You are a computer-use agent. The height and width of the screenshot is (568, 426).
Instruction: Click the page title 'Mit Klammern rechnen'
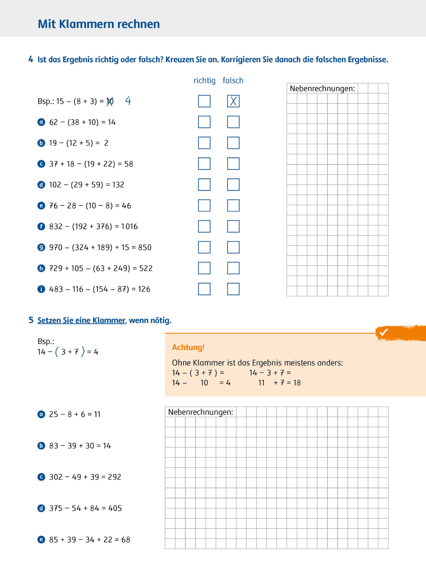(x=99, y=24)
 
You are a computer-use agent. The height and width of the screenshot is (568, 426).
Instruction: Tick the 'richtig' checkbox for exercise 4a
(x=204, y=122)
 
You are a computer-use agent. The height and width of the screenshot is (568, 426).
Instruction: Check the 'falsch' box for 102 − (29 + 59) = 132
(x=233, y=185)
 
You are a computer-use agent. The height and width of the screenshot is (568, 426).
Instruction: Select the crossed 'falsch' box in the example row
(x=233, y=101)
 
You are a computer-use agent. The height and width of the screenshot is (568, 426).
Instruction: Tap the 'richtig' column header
(x=204, y=81)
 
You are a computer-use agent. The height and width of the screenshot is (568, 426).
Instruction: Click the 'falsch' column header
(x=233, y=81)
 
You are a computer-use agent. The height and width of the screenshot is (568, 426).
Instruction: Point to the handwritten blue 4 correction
(x=128, y=101)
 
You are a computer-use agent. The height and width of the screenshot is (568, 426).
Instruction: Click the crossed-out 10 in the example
(x=110, y=102)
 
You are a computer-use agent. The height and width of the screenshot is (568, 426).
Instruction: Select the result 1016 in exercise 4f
(x=129, y=226)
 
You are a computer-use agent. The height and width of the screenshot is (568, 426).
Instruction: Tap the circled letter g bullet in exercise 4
(x=41, y=247)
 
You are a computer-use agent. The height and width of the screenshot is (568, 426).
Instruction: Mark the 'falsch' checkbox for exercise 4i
(x=233, y=289)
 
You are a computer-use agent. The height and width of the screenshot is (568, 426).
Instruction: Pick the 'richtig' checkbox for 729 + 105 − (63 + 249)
(x=204, y=268)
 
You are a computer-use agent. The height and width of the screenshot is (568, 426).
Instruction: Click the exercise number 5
(x=31, y=320)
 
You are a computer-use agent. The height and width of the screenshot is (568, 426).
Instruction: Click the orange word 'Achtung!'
(x=188, y=347)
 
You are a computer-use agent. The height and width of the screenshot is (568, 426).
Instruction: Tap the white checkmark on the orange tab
(x=383, y=332)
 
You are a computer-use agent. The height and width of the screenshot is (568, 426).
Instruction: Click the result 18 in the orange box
(x=297, y=383)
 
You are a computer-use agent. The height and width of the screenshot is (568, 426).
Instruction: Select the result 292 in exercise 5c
(x=114, y=477)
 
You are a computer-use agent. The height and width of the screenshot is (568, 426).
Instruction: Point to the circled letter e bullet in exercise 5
(x=41, y=540)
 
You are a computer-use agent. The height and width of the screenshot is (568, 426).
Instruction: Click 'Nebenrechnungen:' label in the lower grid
(x=201, y=412)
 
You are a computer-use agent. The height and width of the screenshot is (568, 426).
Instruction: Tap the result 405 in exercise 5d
(x=115, y=508)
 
